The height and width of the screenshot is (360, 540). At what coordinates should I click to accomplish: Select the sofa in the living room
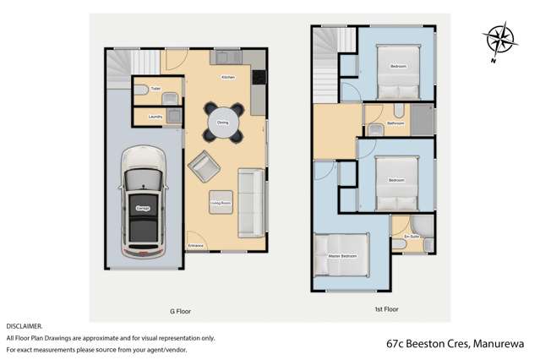pos(251,201)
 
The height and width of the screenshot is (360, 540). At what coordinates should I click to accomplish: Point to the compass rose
pos(498,41)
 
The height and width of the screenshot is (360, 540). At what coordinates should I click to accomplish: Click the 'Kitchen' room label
pos(227,78)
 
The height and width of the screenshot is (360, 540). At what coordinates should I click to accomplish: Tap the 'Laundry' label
pos(155,117)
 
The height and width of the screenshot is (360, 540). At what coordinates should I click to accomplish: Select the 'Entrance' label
pos(196,246)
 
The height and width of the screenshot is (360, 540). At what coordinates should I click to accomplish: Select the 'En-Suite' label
pos(412,236)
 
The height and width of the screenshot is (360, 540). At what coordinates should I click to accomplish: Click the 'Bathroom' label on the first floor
pos(395,123)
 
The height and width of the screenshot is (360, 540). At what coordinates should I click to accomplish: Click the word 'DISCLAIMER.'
pos(24,325)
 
